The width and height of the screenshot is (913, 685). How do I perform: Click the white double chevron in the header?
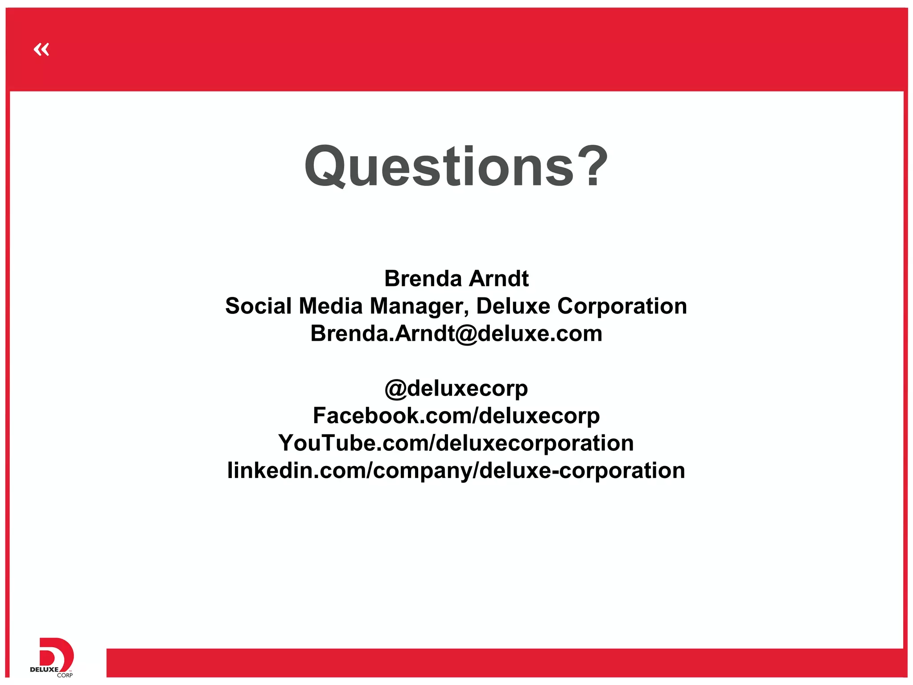tap(41, 49)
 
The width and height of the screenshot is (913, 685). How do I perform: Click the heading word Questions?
tap(439, 166)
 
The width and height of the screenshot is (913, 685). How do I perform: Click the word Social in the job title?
tap(258, 306)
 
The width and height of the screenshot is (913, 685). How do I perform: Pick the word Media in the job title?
tap(331, 306)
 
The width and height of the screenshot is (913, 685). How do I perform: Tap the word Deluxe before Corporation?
tap(513, 306)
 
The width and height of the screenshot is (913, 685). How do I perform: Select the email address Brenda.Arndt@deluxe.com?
tap(456, 334)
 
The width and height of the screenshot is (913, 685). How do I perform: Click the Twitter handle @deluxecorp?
tap(456, 389)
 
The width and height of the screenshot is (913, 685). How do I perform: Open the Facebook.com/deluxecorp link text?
tap(456, 416)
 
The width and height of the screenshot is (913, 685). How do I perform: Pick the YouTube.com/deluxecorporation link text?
tap(456, 443)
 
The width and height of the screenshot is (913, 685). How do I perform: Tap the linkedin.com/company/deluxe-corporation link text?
tap(456, 471)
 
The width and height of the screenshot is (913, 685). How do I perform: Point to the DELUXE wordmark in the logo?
tap(44, 669)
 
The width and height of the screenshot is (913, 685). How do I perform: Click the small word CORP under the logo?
tap(65, 675)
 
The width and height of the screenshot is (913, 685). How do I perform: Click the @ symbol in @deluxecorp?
tap(395, 389)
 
